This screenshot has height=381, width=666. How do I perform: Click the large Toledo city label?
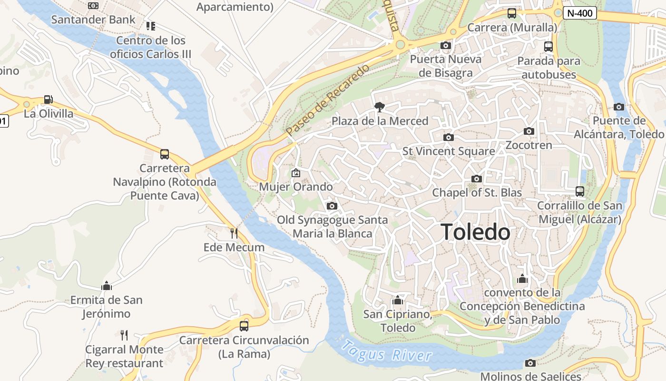tap(476, 232)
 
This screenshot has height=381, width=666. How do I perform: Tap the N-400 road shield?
tap(580, 13)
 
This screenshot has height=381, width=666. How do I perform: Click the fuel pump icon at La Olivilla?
tap(48, 100)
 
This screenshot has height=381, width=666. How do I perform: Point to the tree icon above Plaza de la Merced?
tap(379, 107)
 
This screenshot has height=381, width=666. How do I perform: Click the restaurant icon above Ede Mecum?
tap(234, 233)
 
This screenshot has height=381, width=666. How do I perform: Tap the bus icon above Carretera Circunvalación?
tap(244, 326)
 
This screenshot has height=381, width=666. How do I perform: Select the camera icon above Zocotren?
tap(529, 131)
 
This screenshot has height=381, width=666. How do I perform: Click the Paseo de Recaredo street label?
tap(328, 99)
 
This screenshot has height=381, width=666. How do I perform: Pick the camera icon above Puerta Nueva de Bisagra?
tap(445, 45)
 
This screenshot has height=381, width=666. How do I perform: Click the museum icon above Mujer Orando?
tap(296, 172)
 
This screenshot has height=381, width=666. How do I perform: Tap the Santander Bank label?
tap(93, 20)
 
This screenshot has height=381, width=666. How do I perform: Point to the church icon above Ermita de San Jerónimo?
tap(107, 286)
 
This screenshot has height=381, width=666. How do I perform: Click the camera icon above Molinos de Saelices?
tap(530, 363)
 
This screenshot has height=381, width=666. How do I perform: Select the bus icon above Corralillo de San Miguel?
tap(580, 191)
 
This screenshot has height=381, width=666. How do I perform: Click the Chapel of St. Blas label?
tap(477, 193)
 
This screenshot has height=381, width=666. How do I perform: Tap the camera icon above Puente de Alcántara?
tap(618, 107)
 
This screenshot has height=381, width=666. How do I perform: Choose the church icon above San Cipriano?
tap(398, 300)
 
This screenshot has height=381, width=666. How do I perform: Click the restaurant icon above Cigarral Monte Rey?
tap(124, 335)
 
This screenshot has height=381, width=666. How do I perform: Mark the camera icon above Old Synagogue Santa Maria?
tap(332, 206)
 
